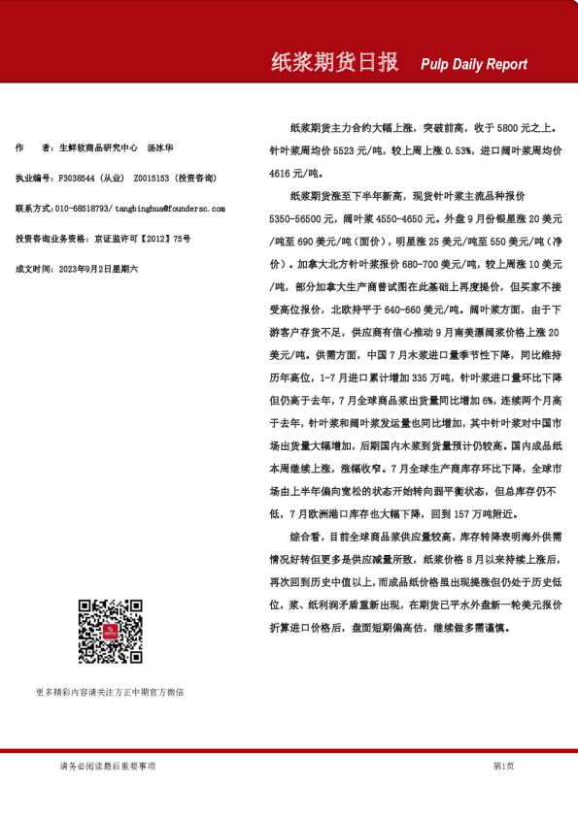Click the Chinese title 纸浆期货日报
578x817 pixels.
coord(334,63)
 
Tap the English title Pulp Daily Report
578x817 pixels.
coord(474,64)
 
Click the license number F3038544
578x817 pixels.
coord(79,179)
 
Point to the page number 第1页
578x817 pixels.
coord(503,766)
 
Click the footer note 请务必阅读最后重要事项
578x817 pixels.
coord(107,766)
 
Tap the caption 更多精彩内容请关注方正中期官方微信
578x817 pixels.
coord(109,692)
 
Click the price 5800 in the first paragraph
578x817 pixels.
coord(507,127)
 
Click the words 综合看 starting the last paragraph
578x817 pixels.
coord(306,536)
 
